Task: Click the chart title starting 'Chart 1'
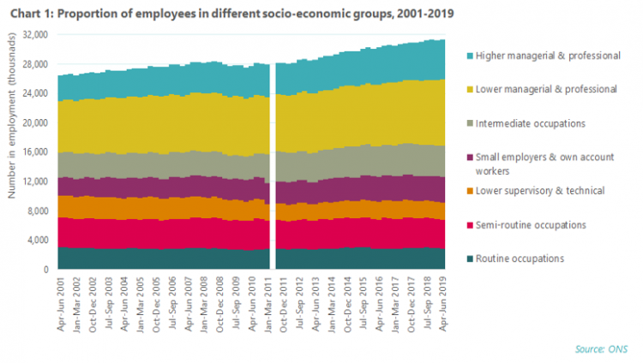[x=232, y=14]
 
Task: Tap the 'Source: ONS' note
[x=601, y=349]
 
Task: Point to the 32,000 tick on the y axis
[x=35, y=35]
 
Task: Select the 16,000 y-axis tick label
[x=35, y=152]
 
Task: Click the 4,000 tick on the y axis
[x=38, y=240]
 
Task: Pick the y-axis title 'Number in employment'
[x=11, y=116]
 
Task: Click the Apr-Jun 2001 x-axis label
[x=61, y=304]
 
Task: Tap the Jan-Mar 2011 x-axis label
[x=268, y=304]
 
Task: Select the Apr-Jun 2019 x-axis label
[x=443, y=304]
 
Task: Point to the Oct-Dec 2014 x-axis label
[x=348, y=304]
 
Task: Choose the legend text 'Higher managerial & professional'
[x=548, y=56]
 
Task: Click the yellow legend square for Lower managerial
[x=470, y=89]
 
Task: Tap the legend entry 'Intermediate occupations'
[x=530, y=123]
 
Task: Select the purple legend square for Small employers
[x=470, y=158]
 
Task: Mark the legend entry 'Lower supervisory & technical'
[x=539, y=191]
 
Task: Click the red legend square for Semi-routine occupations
[x=470, y=225]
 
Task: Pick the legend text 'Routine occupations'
[x=520, y=259]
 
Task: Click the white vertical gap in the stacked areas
[x=273, y=166]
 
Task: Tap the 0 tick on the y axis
[x=46, y=270]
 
